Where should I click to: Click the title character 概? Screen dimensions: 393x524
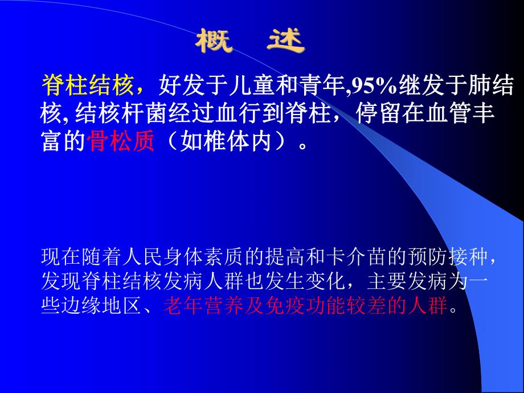click(x=215, y=41)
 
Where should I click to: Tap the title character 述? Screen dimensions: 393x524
click(x=285, y=41)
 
